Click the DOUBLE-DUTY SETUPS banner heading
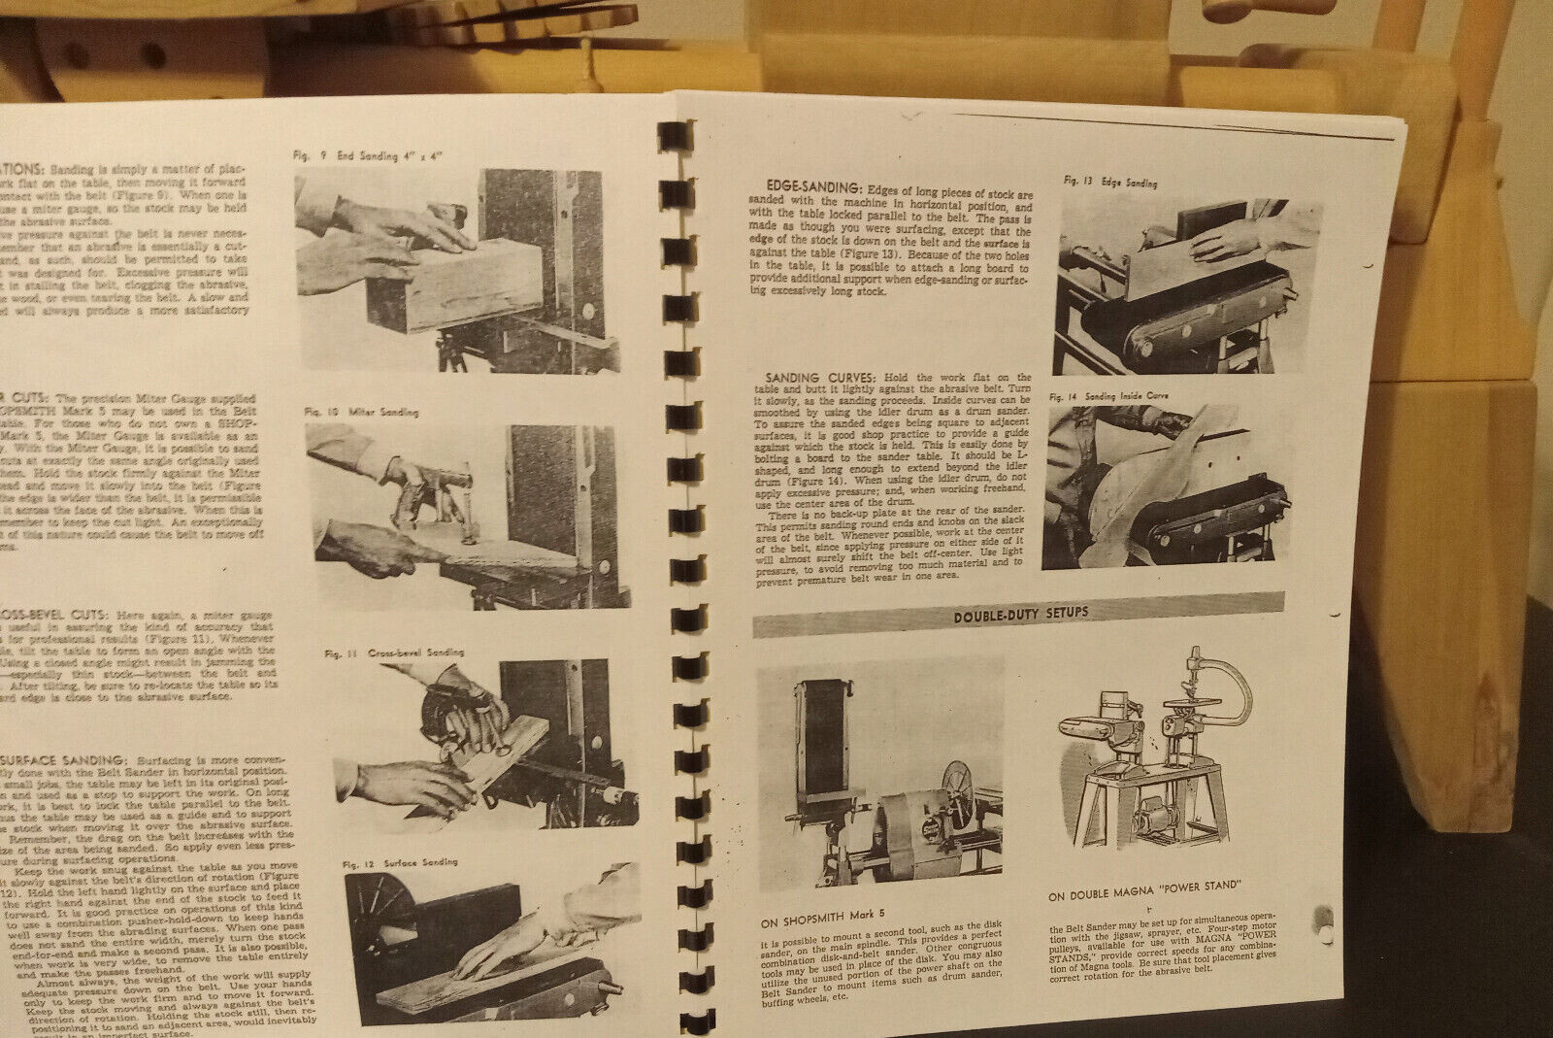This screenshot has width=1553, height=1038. pos(1020,613)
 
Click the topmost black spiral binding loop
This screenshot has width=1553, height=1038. pos(676,137)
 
